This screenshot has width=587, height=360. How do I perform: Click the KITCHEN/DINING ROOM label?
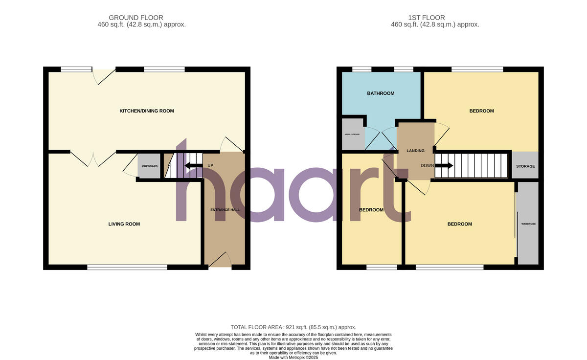coord(147,111)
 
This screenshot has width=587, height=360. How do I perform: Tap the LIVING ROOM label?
coord(124,224)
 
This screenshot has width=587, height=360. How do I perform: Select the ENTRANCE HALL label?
coord(225,210)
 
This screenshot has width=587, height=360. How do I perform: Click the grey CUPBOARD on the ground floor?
coord(149,166)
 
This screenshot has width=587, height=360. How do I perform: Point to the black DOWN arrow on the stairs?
coord(445,165)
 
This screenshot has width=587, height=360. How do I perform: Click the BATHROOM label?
coord(381,93)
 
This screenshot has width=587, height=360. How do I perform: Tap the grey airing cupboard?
coord(353,135)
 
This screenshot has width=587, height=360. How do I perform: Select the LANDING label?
coord(415,151)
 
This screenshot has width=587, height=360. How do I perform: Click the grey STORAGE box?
coord(525,165)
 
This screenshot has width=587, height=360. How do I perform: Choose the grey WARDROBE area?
coord(528,224)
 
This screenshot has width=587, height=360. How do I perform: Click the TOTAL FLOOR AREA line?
coord(293,327)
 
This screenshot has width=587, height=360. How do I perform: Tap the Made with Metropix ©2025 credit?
coord(293,358)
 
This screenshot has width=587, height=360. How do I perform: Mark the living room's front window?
coord(127,267)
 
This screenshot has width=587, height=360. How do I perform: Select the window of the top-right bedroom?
coord(477,69)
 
